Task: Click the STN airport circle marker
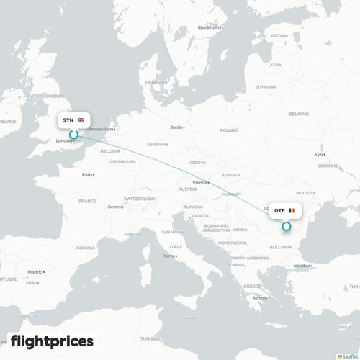pyautogui.click(x=73, y=134)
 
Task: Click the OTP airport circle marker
pyautogui.click(x=286, y=225)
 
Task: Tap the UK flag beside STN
pyautogui.click(x=81, y=120)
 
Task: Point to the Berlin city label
pyautogui.click(x=176, y=127)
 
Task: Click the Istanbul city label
pyautogui.click(x=300, y=266)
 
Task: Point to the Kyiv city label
pyautogui.click(x=318, y=154)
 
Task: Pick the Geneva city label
pyautogui.click(x=115, y=207)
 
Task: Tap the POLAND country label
pyautogui.click(x=228, y=130)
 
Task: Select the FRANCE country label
pyautogui.click(x=87, y=201)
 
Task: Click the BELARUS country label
pyautogui.click(x=298, y=114)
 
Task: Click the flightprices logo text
pyautogui.click(x=52, y=340)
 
